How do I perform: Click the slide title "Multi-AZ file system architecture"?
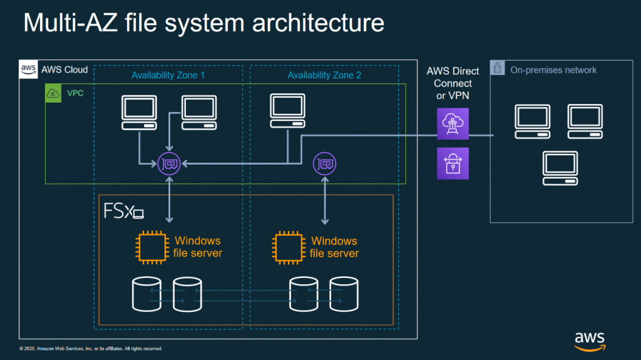tap(204, 23)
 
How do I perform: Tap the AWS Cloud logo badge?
tap(28, 69)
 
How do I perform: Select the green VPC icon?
tap(53, 93)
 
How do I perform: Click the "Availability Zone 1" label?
tap(168, 75)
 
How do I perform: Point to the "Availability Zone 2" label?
tap(324, 75)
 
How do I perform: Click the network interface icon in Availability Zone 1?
tap(169, 163)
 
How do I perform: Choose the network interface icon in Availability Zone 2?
tap(325, 163)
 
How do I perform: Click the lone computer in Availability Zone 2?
tap(288, 111)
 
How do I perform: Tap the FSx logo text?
tap(123, 211)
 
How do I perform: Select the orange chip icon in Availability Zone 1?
tap(152, 247)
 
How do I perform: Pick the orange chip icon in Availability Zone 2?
tap(289, 247)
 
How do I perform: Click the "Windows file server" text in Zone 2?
tap(334, 247)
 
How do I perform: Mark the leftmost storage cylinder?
tap(146, 294)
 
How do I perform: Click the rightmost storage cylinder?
tap(344, 294)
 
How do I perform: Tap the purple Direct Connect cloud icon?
tap(453, 123)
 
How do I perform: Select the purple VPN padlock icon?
tap(453, 163)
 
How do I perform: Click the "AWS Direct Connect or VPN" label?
tap(453, 83)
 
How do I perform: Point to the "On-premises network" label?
tap(553, 70)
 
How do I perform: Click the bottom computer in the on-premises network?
tap(560, 168)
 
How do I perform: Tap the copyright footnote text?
tap(91, 349)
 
